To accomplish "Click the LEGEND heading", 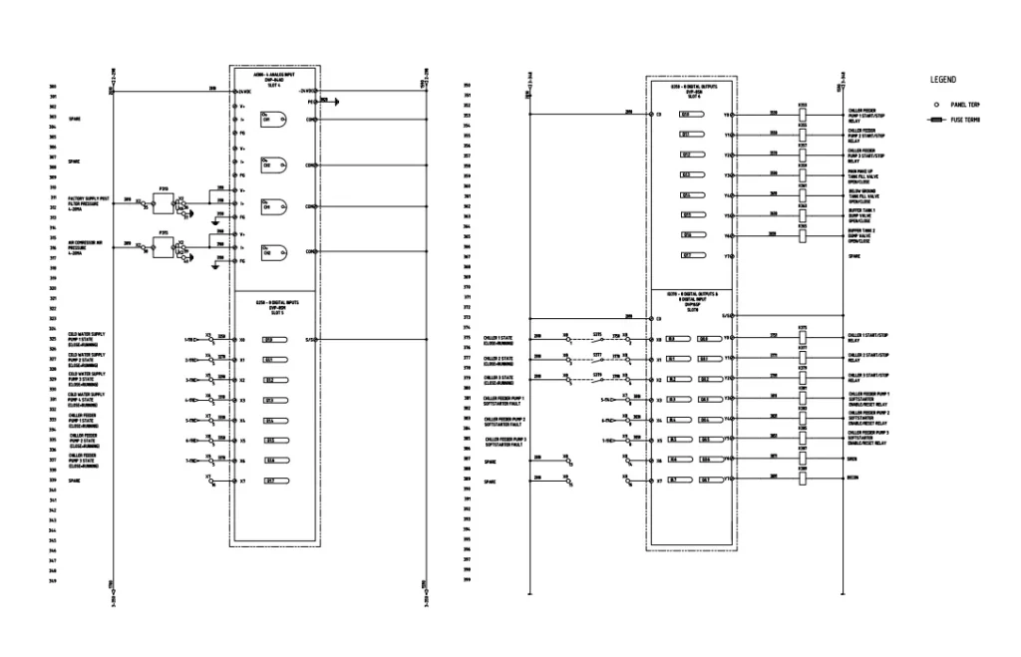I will pyautogui.click(x=943, y=79).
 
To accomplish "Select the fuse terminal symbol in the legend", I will pyautogui.click(x=935, y=120).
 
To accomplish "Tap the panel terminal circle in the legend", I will pyautogui.click(x=935, y=104).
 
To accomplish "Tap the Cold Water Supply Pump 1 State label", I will pyautogui.click(x=86, y=338).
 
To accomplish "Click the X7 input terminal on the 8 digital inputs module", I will pyautogui.click(x=242, y=481).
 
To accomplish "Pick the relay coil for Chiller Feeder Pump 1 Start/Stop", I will pyautogui.click(x=803, y=115).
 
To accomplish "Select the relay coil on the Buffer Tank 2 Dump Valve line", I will pyautogui.click(x=803, y=235).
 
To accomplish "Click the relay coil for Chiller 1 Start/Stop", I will pyautogui.click(x=803, y=339).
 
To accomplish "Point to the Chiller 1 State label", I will pyautogui.click(x=499, y=339).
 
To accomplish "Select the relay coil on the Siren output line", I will pyautogui.click(x=803, y=460).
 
